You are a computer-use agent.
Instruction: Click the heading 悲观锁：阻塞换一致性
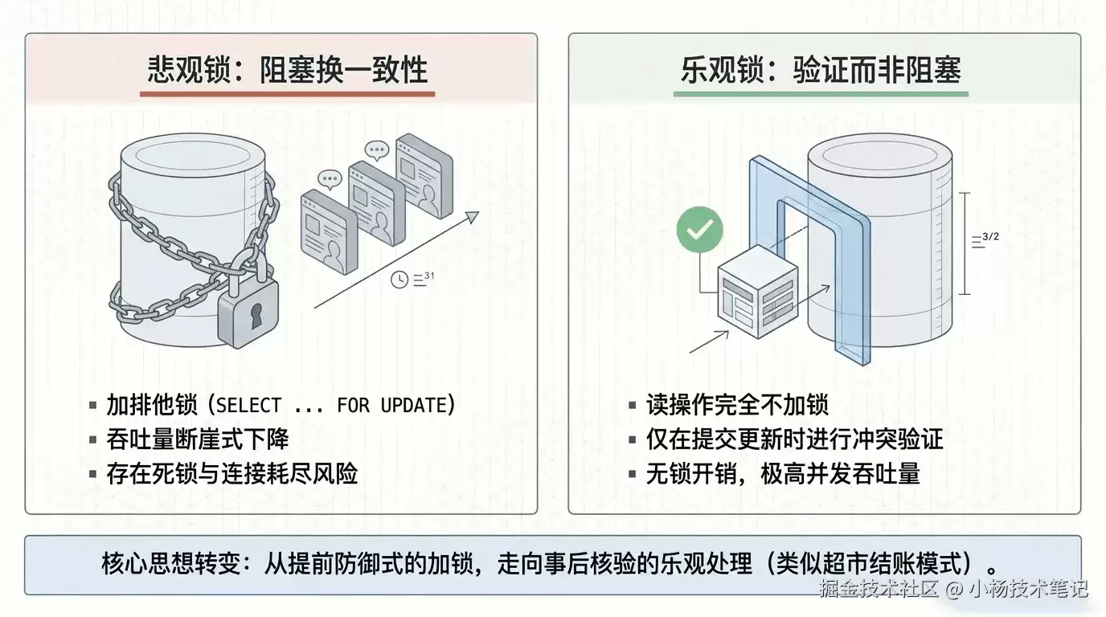288,70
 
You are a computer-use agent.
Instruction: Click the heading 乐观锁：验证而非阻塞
821,70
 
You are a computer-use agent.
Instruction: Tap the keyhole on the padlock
256,316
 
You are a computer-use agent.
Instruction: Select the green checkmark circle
699,230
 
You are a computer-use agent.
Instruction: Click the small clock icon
399,280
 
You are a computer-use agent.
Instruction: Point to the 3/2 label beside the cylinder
990,236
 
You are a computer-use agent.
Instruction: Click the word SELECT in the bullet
248,405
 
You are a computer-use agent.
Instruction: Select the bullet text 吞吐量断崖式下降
198,439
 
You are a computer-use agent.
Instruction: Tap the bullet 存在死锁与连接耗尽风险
232,473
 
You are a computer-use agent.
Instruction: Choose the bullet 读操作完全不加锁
737,405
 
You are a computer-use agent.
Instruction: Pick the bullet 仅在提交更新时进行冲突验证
794,439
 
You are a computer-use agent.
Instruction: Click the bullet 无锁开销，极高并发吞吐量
783,473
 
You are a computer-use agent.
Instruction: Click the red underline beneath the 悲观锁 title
288,93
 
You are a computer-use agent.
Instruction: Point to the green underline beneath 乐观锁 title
821,93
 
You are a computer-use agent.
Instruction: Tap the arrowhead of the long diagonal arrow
473,217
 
